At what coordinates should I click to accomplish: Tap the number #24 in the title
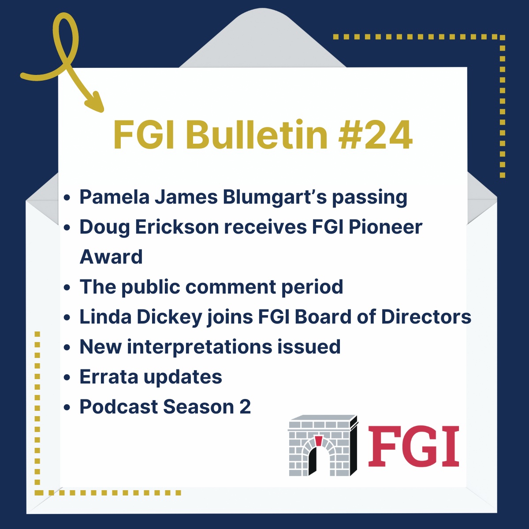[376, 135]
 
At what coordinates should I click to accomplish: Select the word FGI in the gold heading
[145, 135]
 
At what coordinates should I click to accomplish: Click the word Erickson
[177, 227]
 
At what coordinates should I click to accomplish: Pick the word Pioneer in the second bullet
[385, 227]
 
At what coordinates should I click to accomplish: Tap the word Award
[111, 257]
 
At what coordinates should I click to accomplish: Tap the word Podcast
[119, 407]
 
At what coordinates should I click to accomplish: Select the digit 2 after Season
[245, 407]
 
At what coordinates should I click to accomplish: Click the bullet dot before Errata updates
[67, 378]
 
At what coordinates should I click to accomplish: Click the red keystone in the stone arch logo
[318, 441]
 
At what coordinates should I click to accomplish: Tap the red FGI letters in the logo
[414, 446]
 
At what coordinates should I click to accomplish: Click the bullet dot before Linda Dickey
[67, 318]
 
